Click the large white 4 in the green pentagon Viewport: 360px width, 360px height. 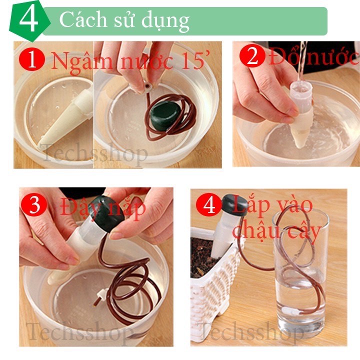[x=28, y=19]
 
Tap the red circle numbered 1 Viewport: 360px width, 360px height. [x=32, y=59]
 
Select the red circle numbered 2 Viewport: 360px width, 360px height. [x=252, y=55]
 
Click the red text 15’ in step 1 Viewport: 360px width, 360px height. [x=195, y=60]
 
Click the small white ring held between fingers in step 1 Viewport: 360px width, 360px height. [x=147, y=87]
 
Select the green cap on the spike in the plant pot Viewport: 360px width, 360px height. [x=234, y=205]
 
